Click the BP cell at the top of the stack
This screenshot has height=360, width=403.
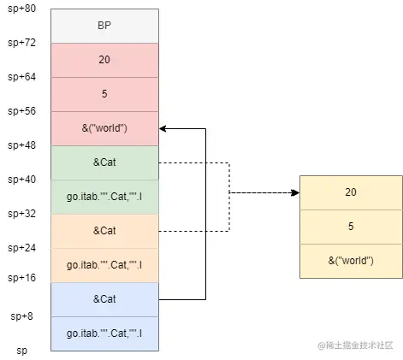[104, 27]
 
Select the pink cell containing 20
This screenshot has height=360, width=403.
[104, 61]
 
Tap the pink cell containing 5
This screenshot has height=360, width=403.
[104, 94]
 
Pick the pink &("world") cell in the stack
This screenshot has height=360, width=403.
[104, 128]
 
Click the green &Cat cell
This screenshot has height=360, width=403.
[104, 162]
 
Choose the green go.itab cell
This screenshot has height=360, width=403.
[104, 197]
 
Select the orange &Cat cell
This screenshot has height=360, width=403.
[104, 231]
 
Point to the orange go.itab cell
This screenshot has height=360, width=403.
[104, 265]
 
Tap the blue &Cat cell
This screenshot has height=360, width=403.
[104, 299]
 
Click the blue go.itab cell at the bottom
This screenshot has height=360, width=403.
[104, 333]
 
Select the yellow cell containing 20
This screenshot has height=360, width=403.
[350, 192]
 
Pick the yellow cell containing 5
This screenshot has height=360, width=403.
[350, 227]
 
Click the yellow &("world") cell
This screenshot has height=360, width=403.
[350, 261]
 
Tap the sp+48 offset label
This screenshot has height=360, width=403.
[22, 145]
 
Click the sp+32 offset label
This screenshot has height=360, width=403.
[22, 214]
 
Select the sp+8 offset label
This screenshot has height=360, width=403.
[22, 316]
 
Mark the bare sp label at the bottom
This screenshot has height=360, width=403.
[22, 351]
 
